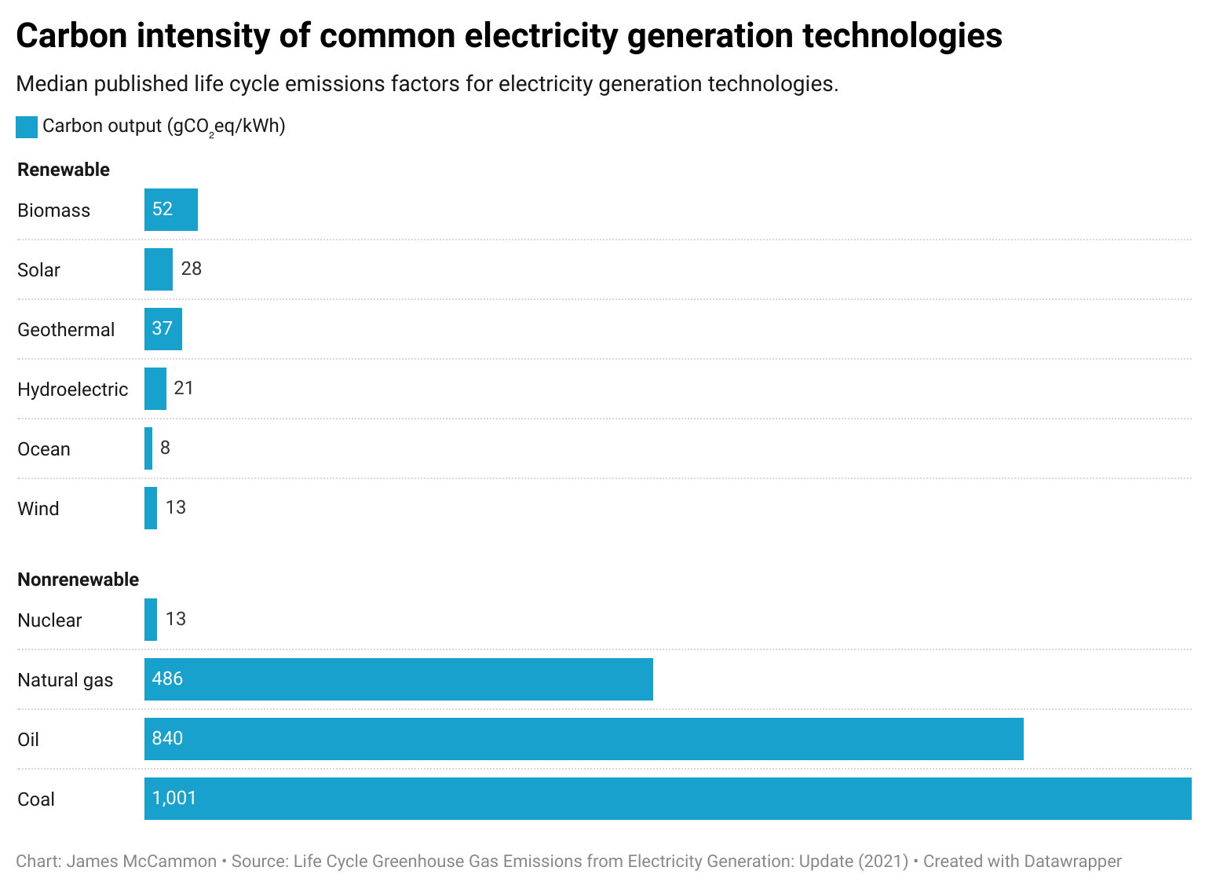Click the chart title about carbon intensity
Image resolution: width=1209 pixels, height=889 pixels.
pos(509,36)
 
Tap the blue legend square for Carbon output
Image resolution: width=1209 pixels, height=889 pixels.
pos(27,127)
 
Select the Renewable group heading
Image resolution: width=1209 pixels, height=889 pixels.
pos(64,170)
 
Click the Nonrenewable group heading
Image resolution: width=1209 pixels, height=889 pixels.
pos(78,580)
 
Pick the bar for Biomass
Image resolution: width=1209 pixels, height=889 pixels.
pos(171,210)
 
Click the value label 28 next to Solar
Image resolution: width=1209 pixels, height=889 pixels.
pos(192,269)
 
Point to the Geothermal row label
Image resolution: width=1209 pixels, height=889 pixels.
pos(66,330)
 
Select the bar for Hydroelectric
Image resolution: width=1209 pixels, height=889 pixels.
pos(155,389)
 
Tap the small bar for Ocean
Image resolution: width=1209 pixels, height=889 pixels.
pos(148,448)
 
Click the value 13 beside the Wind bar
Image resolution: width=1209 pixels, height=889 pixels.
pos(176,507)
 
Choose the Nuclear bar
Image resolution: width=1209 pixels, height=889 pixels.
pos(151,620)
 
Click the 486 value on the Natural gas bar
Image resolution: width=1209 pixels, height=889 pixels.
pos(167,679)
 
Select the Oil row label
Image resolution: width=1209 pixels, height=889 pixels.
pos(28,740)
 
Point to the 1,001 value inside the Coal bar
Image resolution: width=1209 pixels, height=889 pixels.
pos(174,798)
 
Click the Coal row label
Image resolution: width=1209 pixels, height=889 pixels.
pos(36,799)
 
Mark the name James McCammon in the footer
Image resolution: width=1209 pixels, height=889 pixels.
pos(141,862)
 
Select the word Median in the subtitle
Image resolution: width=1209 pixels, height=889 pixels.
pos(51,84)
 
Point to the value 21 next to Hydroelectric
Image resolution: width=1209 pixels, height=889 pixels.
pos(184,388)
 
